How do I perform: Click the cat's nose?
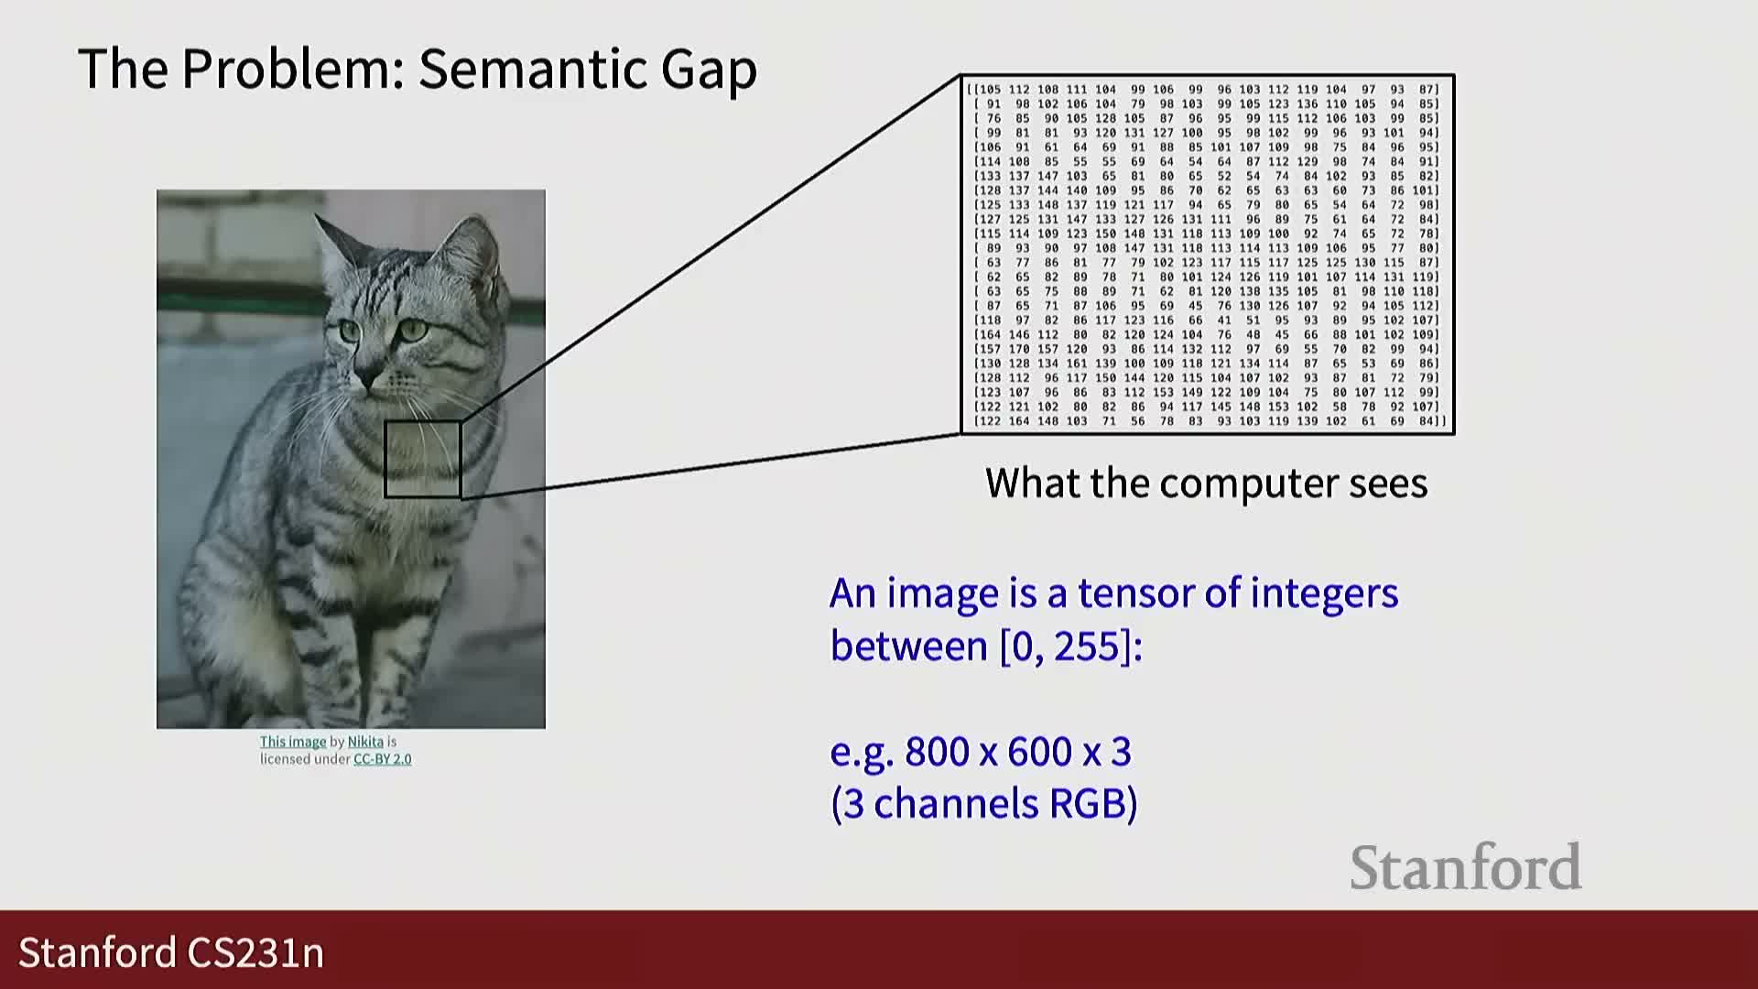pyautogui.click(x=368, y=378)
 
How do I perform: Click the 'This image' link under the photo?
pyautogui.click(x=293, y=742)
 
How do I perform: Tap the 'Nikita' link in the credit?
pyautogui.click(x=365, y=742)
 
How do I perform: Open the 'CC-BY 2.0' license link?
pyautogui.click(x=382, y=759)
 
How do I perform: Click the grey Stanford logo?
pyautogui.click(x=1466, y=867)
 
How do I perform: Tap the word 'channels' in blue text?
pyautogui.click(x=955, y=803)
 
